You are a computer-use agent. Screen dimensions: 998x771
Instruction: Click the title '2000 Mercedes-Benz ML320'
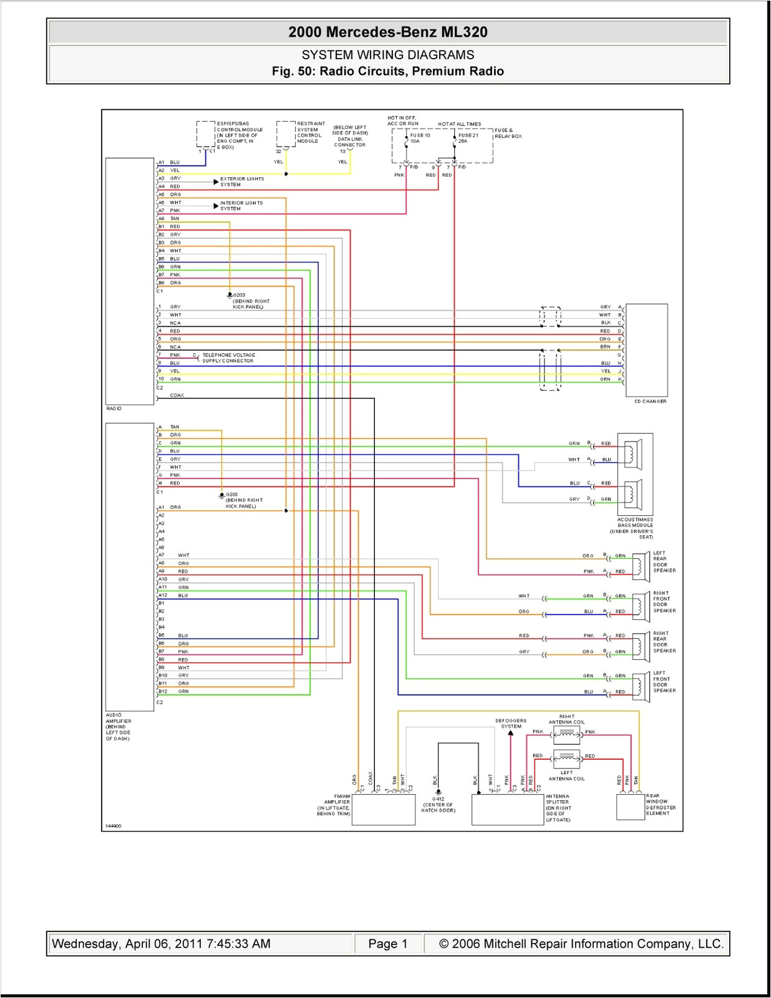pyautogui.click(x=387, y=32)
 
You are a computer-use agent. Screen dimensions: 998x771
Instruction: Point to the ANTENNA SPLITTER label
pyautogui.click(x=558, y=808)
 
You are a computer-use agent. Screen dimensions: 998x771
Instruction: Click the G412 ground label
pyautogui.click(x=438, y=805)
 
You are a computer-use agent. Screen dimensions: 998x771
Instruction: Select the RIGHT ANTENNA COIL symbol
pyautogui.click(x=566, y=734)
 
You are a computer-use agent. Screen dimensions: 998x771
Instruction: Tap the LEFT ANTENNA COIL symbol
pyautogui.click(x=566, y=759)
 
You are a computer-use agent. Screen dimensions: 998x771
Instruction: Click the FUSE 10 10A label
pyautogui.click(x=419, y=138)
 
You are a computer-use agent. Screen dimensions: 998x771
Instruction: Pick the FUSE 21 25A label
pyautogui.click(x=468, y=138)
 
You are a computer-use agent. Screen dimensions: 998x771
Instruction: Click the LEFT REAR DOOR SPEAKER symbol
pyautogui.click(x=640, y=564)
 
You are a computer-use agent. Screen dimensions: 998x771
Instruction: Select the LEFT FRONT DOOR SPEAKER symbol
pyautogui.click(x=640, y=684)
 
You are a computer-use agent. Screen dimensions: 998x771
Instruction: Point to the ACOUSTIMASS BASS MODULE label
pyautogui.click(x=635, y=528)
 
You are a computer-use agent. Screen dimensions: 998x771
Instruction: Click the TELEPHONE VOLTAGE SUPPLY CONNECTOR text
pyautogui.click(x=228, y=358)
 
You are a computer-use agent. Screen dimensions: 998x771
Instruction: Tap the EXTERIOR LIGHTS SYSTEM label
pyautogui.click(x=241, y=182)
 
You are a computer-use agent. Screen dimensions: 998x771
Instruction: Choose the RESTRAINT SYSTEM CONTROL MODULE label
pyautogui.click(x=310, y=132)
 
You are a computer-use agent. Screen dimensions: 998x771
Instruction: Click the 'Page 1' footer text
pyautogui.click(x=387, y=944)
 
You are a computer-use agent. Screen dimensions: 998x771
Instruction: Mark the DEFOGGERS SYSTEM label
pyautogui.click(x=511, y=724)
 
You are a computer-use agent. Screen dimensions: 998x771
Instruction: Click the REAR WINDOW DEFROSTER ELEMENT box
pyautogui.click(x=630, y=807)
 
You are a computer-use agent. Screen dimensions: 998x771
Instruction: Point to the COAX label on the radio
pyautogui.click(x=177, y=395)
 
